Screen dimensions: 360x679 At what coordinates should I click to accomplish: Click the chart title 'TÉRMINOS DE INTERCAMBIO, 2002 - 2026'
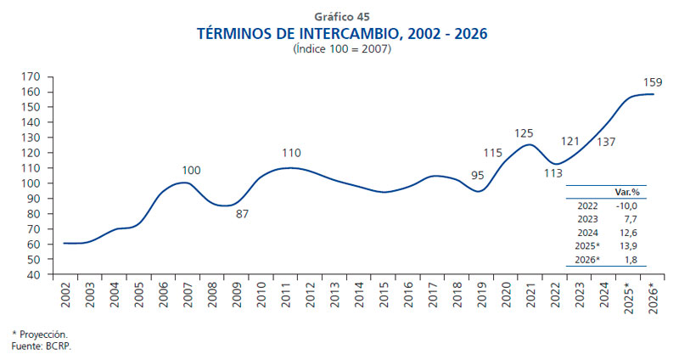click(x=342, y=34)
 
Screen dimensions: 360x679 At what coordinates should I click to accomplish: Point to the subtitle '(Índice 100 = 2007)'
click(x=342, y=50)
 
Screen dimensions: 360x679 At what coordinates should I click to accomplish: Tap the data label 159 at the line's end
click(x=653, y=82)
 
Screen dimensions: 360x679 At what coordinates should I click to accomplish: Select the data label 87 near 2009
click(x=242, y=214)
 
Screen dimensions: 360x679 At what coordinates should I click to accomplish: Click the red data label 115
click(x=493, y=153)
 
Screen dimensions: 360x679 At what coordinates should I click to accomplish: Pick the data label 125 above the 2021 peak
click(x=524, y=133)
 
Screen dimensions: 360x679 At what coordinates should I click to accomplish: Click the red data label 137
click(x=606, y=142)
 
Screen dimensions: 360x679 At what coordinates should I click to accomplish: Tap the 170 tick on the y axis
click(x=31, y=76)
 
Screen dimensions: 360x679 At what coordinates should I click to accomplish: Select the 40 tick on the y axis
click(x=35, y=274)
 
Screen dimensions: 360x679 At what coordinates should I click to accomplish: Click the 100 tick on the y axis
click(x=31, y=183)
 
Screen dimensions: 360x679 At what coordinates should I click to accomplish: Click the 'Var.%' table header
click(x=627, y=191)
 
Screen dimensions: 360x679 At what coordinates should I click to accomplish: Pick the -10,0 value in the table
click(x=627, y=205)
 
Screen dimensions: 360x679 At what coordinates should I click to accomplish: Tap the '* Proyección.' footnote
click(x=39, y=334)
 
